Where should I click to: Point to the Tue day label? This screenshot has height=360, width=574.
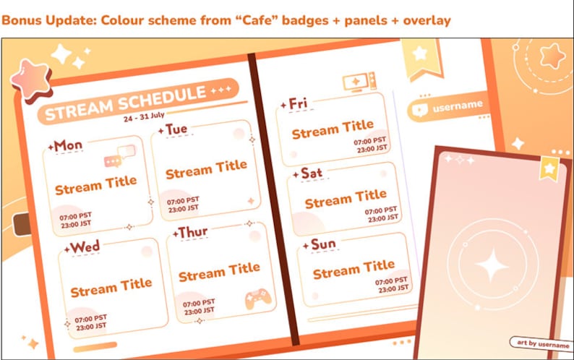(x=176, y=129)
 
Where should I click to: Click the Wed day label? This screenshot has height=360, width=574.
(x=85, y=247)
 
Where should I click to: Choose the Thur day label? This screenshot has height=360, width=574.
(x=192, y=233)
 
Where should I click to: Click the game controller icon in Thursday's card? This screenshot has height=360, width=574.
(x=256, y=299)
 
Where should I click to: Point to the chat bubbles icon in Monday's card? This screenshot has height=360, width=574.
(x=120, y=156)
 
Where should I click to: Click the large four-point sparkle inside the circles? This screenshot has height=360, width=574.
(x=492, y=267)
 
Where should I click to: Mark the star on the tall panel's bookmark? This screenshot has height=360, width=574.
(x=549, y=168)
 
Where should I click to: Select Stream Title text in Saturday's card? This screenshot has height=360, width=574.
(x=346, y=199)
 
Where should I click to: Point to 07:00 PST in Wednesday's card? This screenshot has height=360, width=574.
(x=90, y=317)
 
